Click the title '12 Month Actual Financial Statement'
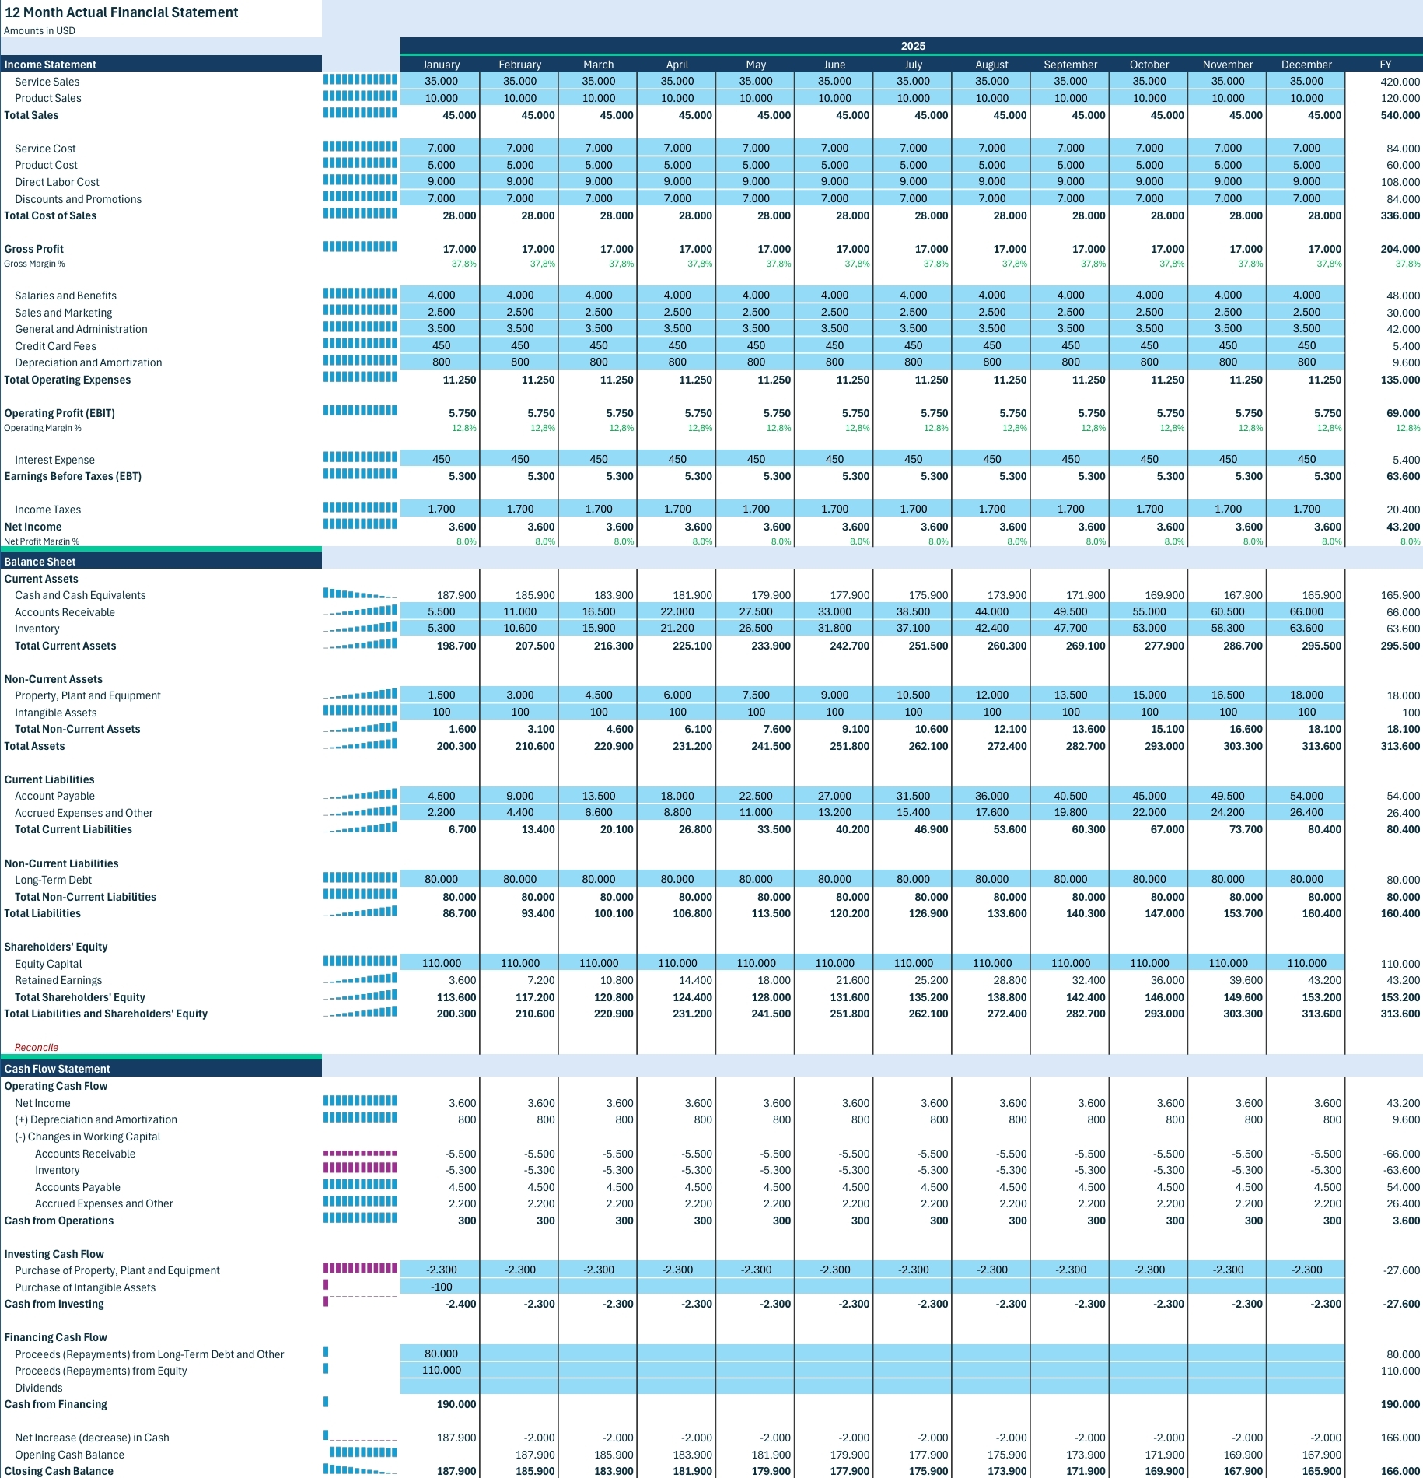point(121,12)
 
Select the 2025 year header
point(913,46)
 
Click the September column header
point(1070,65)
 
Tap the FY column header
point(1385,65)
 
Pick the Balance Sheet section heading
point(40,562)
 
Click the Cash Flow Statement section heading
point(57,1069)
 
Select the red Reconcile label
point(37,1047)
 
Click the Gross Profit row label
point(34,249)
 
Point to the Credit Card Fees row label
point(55,346)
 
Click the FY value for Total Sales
point(1400,115)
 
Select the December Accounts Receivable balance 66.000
point(1306,611)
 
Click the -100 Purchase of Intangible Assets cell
point(441,1287)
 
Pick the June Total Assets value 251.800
point(850,746)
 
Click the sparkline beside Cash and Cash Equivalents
point(360,594)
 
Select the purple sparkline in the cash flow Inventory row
point(360,1168)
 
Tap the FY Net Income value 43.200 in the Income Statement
point(1403,527)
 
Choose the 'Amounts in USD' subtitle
point(40,31)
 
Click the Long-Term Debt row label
point(53,880)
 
